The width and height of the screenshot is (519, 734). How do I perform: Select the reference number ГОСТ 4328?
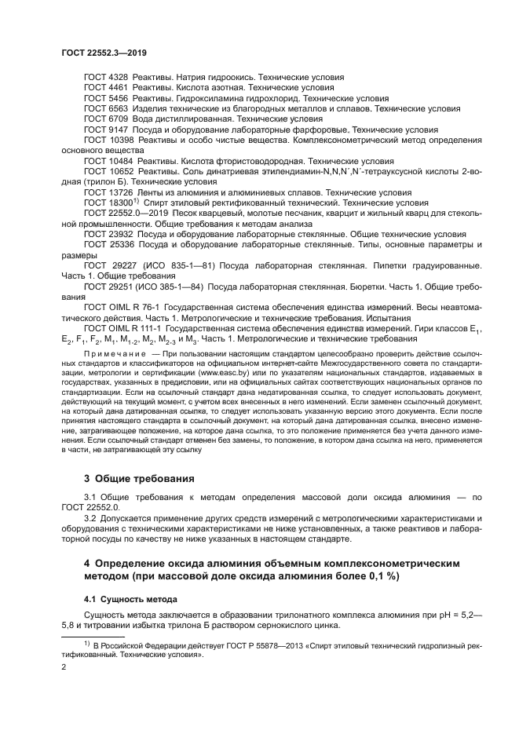106,78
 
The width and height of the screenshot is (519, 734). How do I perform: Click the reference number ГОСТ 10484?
108,160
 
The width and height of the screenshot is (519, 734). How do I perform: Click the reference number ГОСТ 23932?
108,233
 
